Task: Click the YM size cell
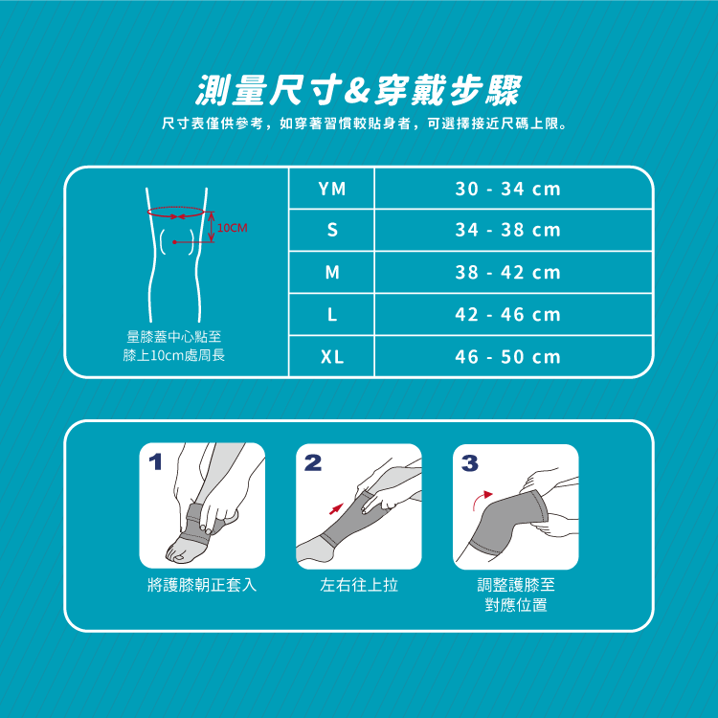click(332, 189)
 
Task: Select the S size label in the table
click(332, 230)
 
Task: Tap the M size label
click(332, 273)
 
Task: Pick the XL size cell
click(332, 357)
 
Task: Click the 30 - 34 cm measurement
click(507, 189)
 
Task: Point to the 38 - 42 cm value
click(507, 273)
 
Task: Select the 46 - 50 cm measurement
click(507, 357)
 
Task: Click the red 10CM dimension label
click(233, 228)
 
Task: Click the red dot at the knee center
click(174, 242)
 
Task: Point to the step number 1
click(156, 461)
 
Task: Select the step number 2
click(313, 462)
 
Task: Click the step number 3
click(470, 463)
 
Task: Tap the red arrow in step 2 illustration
click(337, 508)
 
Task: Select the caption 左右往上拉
click(359, 585)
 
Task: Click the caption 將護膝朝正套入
click(202, 585)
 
